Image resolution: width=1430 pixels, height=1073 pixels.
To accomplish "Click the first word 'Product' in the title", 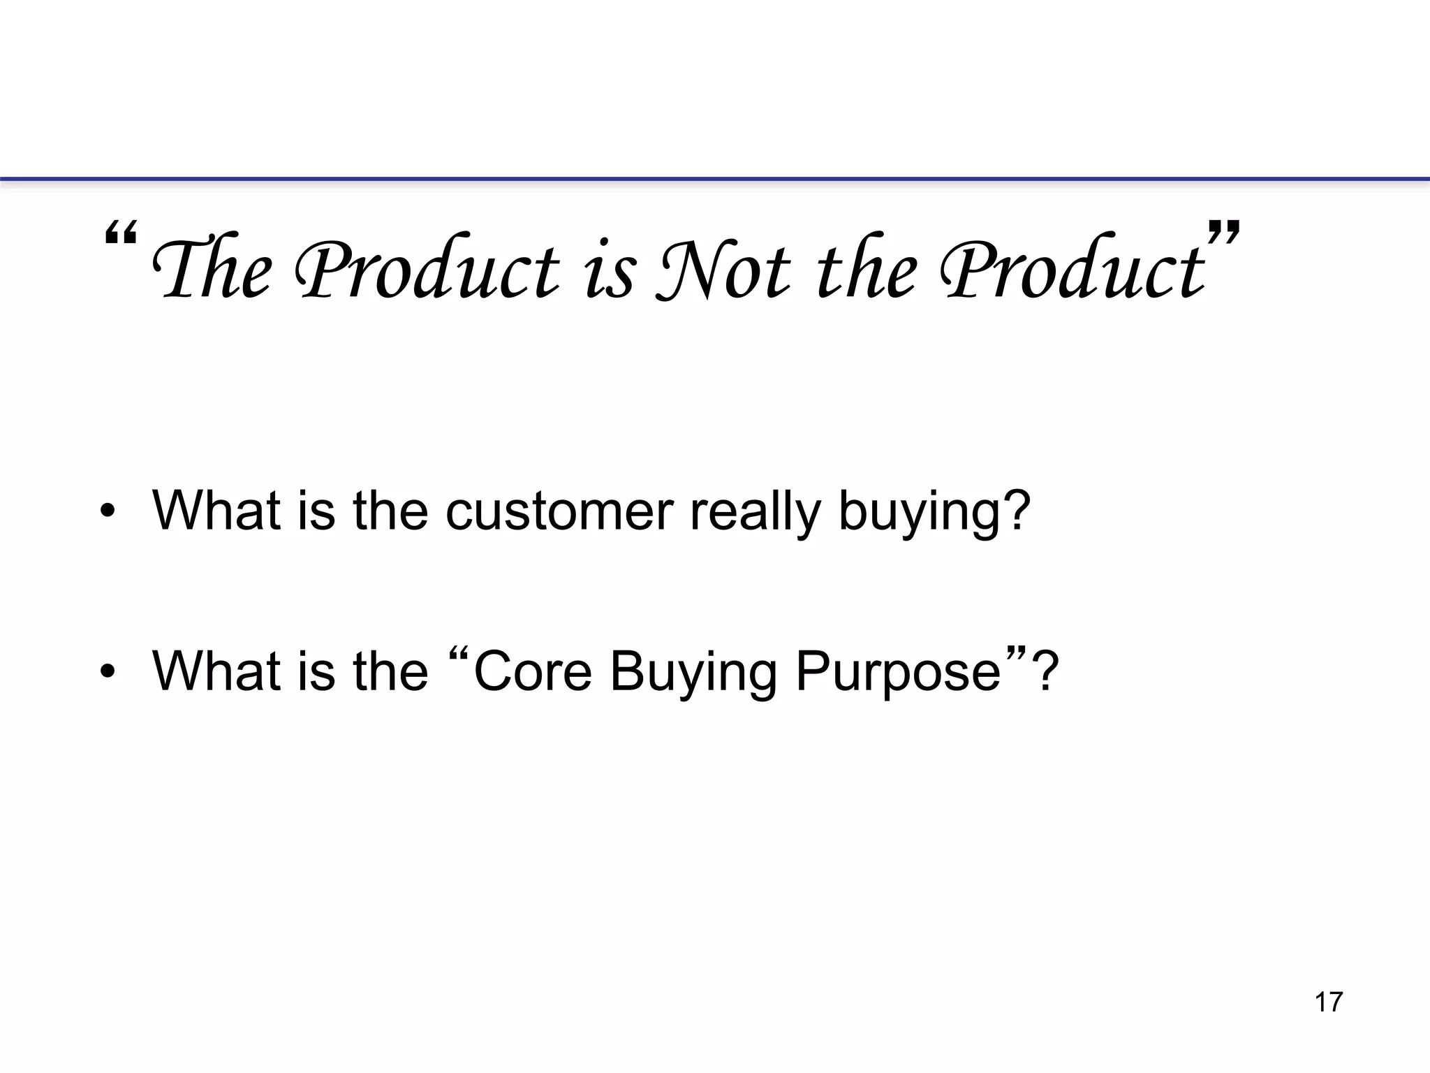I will pos(427,270).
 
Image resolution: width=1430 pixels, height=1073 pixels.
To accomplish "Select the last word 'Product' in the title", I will pos(1072,270).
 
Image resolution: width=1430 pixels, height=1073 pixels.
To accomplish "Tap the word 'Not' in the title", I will pos(723,270).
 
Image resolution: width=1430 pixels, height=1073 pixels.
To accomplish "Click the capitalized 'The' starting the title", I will pos(212,270).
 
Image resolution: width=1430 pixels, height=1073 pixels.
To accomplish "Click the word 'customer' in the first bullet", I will pos(559,511).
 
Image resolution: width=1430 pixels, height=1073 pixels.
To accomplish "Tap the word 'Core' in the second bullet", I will pos(533,672).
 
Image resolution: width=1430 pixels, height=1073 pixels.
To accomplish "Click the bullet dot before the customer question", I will pos(107,512).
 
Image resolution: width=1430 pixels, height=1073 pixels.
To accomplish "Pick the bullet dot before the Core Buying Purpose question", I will pos(107,672).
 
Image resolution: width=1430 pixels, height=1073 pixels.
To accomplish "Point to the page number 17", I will pos(1328,1002).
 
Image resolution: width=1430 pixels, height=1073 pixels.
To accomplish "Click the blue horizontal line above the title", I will pos(715,180).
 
